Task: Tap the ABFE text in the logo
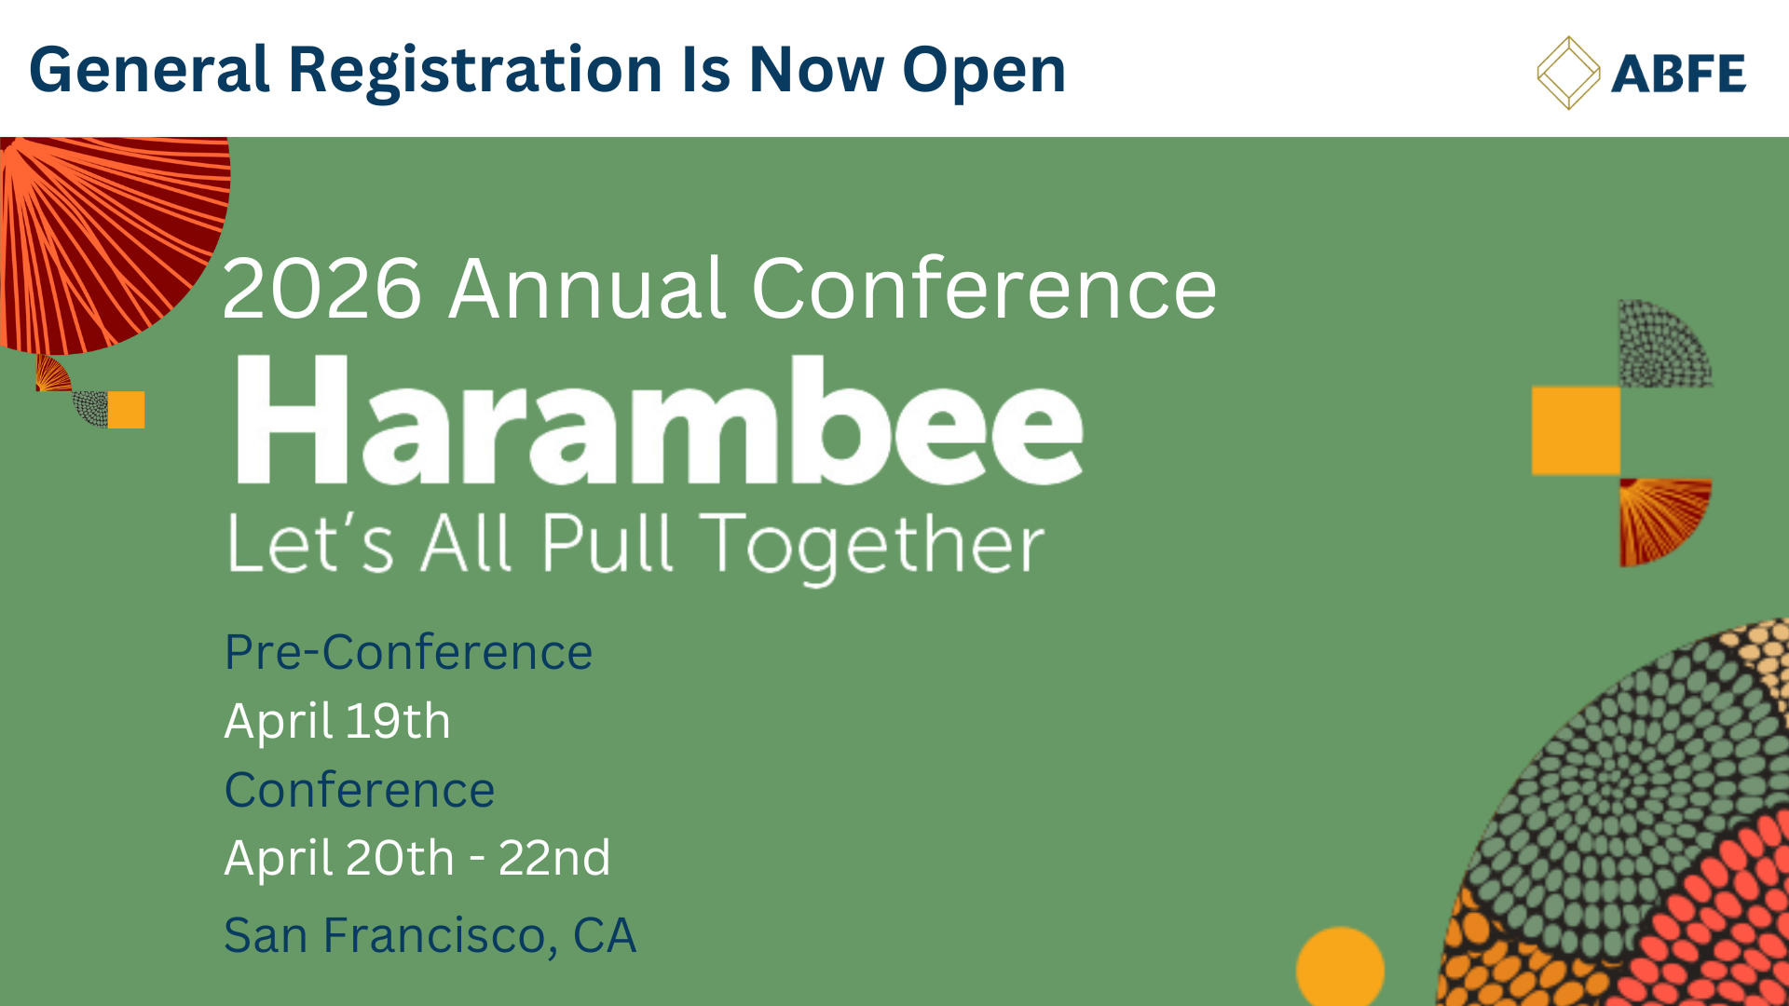pos(1678,74)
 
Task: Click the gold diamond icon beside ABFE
pos(1568,73)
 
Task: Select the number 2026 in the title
pos(322,289)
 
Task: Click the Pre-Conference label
pos(408,651)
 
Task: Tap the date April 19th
pos(337,721)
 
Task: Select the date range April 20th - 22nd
pos(417,858)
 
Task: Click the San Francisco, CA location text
pos(430,935)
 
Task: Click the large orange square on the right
pos(1576,431)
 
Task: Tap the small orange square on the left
pos(127,410)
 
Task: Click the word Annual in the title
pos(587,289)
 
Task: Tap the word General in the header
pos(150,72)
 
